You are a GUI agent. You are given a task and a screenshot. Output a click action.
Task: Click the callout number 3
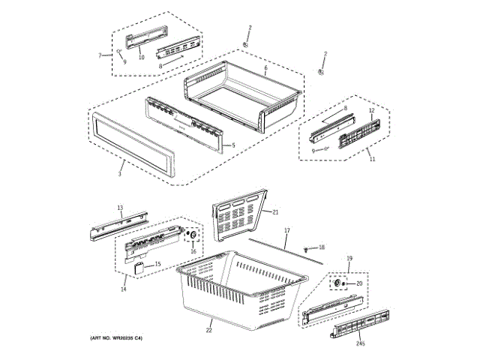point(119,174)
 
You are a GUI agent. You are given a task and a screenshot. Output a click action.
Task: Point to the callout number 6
point(265,68)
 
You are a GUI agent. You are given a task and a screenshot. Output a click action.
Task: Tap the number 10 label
point(141,57)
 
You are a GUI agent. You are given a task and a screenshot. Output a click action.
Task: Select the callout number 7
point(100,56)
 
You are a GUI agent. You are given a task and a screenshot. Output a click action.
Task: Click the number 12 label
point(370,111)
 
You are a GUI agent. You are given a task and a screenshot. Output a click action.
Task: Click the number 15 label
point(157,264)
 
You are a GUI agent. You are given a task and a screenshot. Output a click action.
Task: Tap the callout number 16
point(193,251)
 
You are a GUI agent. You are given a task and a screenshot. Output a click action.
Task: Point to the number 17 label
point(286,230)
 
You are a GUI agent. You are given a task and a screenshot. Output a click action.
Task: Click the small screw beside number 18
point(307,247)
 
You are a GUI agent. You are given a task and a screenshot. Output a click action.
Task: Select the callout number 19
point(349,258)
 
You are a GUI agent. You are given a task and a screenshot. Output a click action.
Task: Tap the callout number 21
point(275,212)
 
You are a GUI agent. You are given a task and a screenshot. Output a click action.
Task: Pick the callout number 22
point(209,330)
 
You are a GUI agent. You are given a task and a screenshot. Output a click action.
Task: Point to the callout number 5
point(233,145)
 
